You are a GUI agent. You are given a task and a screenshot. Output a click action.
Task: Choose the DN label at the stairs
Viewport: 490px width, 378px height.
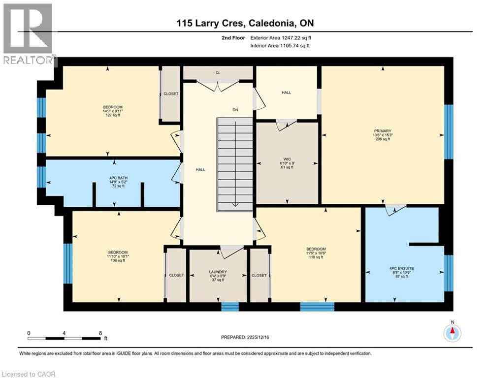pos(235,110)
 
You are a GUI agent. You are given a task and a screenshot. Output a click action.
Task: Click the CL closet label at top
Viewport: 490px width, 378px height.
pos(218,73)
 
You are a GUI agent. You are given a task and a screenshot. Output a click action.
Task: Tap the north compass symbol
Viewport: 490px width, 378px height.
pos(452,333)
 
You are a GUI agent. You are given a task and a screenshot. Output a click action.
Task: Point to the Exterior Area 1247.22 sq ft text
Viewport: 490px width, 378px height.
pos(281,37)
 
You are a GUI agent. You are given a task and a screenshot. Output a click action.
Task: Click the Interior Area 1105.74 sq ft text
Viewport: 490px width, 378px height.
pos(281,46)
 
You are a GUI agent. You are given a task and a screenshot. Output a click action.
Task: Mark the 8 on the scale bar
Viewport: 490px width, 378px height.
pos(100,333)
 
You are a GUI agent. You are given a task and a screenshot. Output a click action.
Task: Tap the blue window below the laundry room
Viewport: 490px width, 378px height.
pos(229,307)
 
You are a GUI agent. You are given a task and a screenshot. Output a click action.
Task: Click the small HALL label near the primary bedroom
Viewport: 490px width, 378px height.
pos(286,92)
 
